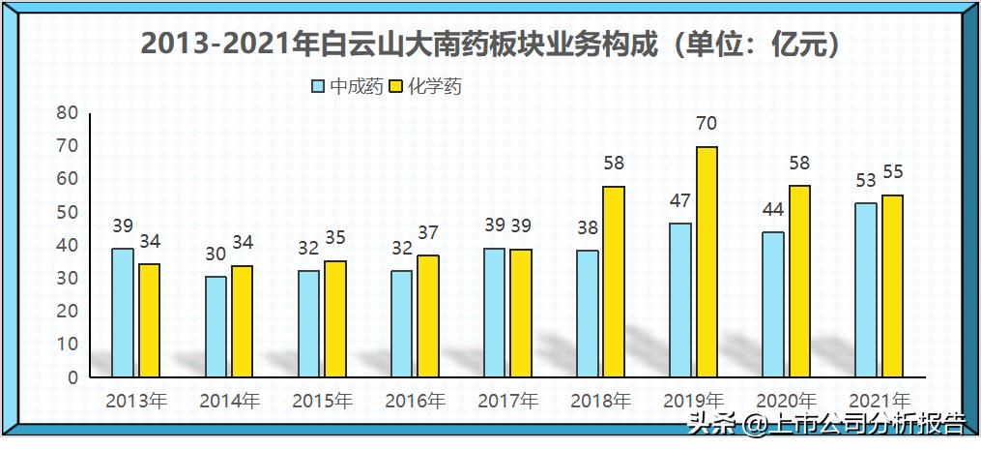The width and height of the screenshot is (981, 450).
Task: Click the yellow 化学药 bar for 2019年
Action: [x=707, y=261]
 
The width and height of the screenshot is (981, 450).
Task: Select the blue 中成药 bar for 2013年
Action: [x=123, y=313]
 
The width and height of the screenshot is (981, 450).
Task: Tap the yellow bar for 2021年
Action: [x=892, y=285]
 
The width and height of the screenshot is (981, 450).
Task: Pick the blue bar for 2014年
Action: [x=216, y=326]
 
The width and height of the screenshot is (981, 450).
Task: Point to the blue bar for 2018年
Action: [x=587, y=314]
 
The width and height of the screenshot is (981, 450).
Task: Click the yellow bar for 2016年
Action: [x=428, y=315]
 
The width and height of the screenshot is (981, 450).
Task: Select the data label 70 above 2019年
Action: [x=707, y=124]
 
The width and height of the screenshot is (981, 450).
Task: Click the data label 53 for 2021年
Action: [x=867, y=180]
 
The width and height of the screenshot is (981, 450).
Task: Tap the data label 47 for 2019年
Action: [x=681, y=200]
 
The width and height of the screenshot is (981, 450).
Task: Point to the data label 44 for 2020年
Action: [x=773, y=210]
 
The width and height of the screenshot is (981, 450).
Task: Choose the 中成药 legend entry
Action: [x=339, y=86]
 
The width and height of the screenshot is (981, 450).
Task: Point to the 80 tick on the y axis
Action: [x=67, y=112]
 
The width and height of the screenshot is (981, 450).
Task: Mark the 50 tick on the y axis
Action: [x=67, y=212]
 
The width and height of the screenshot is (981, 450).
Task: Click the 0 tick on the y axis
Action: [x=72, y=377]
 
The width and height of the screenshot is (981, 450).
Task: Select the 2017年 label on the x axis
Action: [x=508, y=400]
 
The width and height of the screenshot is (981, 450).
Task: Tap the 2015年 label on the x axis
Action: [x=323, y=400]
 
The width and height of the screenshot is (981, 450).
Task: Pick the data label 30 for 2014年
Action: [x=216, y=254]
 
